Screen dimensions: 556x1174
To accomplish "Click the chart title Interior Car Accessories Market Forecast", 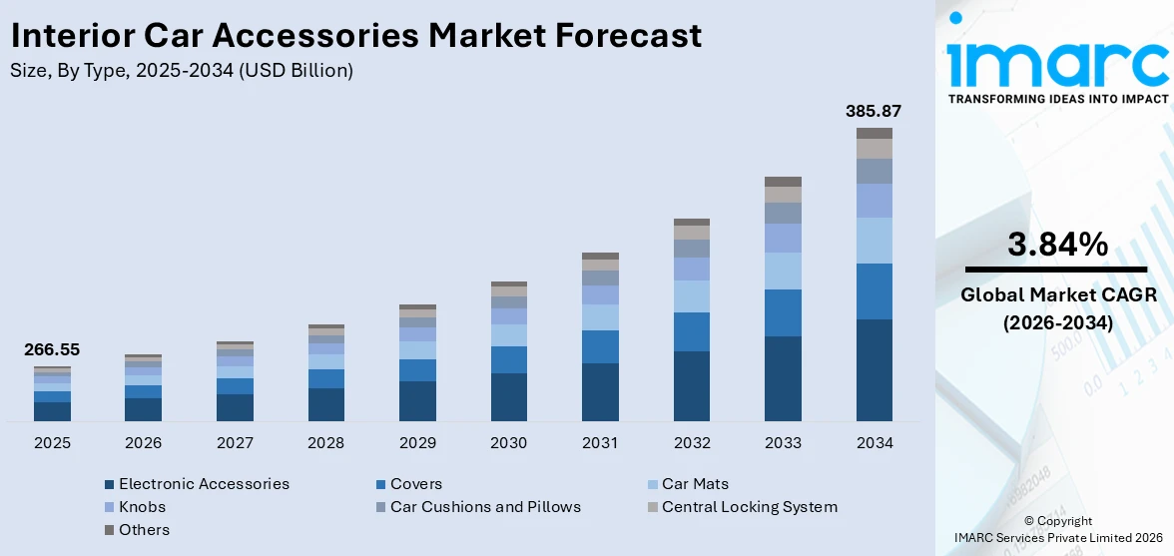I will click(x=355, y=36).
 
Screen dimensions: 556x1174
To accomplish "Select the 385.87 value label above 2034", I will click(x=874, y=111).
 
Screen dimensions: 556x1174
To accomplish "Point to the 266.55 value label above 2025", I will click(x=52, y=349).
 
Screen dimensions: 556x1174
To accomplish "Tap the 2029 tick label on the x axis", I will click(x=417, y=442).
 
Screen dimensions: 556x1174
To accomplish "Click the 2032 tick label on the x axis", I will click(x=692, y=442).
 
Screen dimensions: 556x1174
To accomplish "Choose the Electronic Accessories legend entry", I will click(x=204, y=484).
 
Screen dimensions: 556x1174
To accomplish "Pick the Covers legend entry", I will click(x=415, y=484).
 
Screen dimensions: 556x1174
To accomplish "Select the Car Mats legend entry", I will click(x=695, y=484).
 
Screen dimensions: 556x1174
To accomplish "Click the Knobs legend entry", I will click(x=142, y=507).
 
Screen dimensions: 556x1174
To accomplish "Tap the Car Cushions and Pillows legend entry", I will click(x=485, y=507).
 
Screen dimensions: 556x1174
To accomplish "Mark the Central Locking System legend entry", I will click(x=749, y=507).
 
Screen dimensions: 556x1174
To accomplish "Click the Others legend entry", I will click(x=144, y=530).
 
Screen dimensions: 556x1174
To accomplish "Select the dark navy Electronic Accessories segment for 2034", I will click(x=874, y=369).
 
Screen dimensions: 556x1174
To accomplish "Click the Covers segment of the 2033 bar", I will click(x=783, y=312).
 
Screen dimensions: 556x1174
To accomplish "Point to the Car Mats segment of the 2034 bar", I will click(x=874, y=241).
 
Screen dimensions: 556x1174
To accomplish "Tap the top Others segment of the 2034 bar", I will click(x=874, y=133).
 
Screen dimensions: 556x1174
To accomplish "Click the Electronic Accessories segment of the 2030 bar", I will click(x=509, y=396).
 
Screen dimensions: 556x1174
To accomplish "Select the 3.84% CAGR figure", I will click(x=1057, y=244).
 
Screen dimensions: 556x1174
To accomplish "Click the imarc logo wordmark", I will click(x=1057, y=64).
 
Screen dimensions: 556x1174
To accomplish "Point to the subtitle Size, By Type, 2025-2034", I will click(x=181, y=71).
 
